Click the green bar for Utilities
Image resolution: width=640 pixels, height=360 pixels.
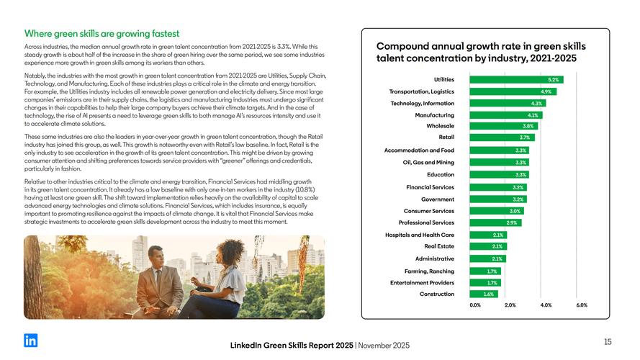(515, 79)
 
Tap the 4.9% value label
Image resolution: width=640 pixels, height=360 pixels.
(546, 91)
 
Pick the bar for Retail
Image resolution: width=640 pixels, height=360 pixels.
(502, 137)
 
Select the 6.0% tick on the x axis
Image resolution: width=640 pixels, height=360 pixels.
(582, 305)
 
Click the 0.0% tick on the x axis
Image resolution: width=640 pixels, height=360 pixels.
(475, 305)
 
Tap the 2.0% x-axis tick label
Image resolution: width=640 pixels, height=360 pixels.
(510, 305)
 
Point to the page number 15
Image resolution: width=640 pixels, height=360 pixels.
(608, 341)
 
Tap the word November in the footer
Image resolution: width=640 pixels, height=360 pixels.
(384, 346)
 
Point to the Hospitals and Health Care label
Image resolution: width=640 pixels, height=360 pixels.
(420, 235)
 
